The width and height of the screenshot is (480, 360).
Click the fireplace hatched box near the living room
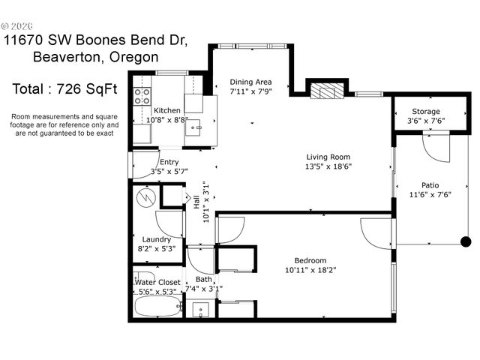click(326, 91)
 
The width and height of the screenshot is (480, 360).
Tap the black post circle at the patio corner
click(465, 241)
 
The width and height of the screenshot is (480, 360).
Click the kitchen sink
click(193, 127)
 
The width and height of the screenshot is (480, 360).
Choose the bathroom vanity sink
click(199, 310)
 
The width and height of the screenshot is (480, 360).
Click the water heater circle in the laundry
click(147, 197)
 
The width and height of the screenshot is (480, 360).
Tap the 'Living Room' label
click(328, 157)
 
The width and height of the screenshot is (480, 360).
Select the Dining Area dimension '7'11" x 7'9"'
click(250, 92)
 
